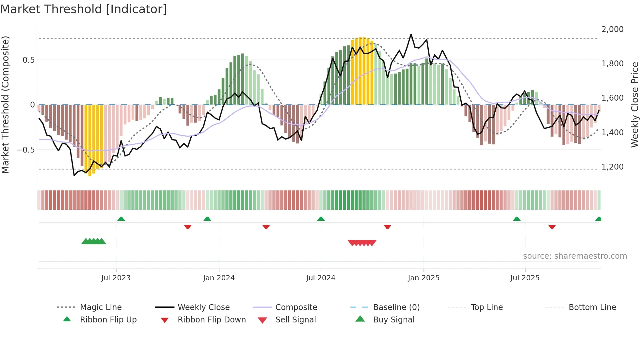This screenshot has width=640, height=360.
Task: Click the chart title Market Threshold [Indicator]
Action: (84, 9)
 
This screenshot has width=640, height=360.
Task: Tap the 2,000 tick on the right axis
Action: (612, 29)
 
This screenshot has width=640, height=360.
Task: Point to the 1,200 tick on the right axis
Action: (612, 167)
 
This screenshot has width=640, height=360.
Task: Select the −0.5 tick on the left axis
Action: (25, 150)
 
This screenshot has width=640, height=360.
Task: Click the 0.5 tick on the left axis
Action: (28, 60)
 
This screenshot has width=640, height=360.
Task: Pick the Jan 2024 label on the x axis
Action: (219, 278)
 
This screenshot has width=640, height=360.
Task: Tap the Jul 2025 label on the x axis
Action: (525, 278)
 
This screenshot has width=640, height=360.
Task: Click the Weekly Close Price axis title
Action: (634, 105)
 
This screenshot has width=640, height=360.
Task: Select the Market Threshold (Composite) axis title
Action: (5, 105)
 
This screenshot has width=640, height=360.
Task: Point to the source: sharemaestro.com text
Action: (575, 256)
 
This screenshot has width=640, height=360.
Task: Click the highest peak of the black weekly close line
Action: (411, 34)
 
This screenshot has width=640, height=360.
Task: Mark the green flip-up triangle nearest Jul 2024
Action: (321, 219)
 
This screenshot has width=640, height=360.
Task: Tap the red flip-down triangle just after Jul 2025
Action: (552, 227)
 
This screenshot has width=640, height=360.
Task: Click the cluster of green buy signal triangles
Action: (94, 241)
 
